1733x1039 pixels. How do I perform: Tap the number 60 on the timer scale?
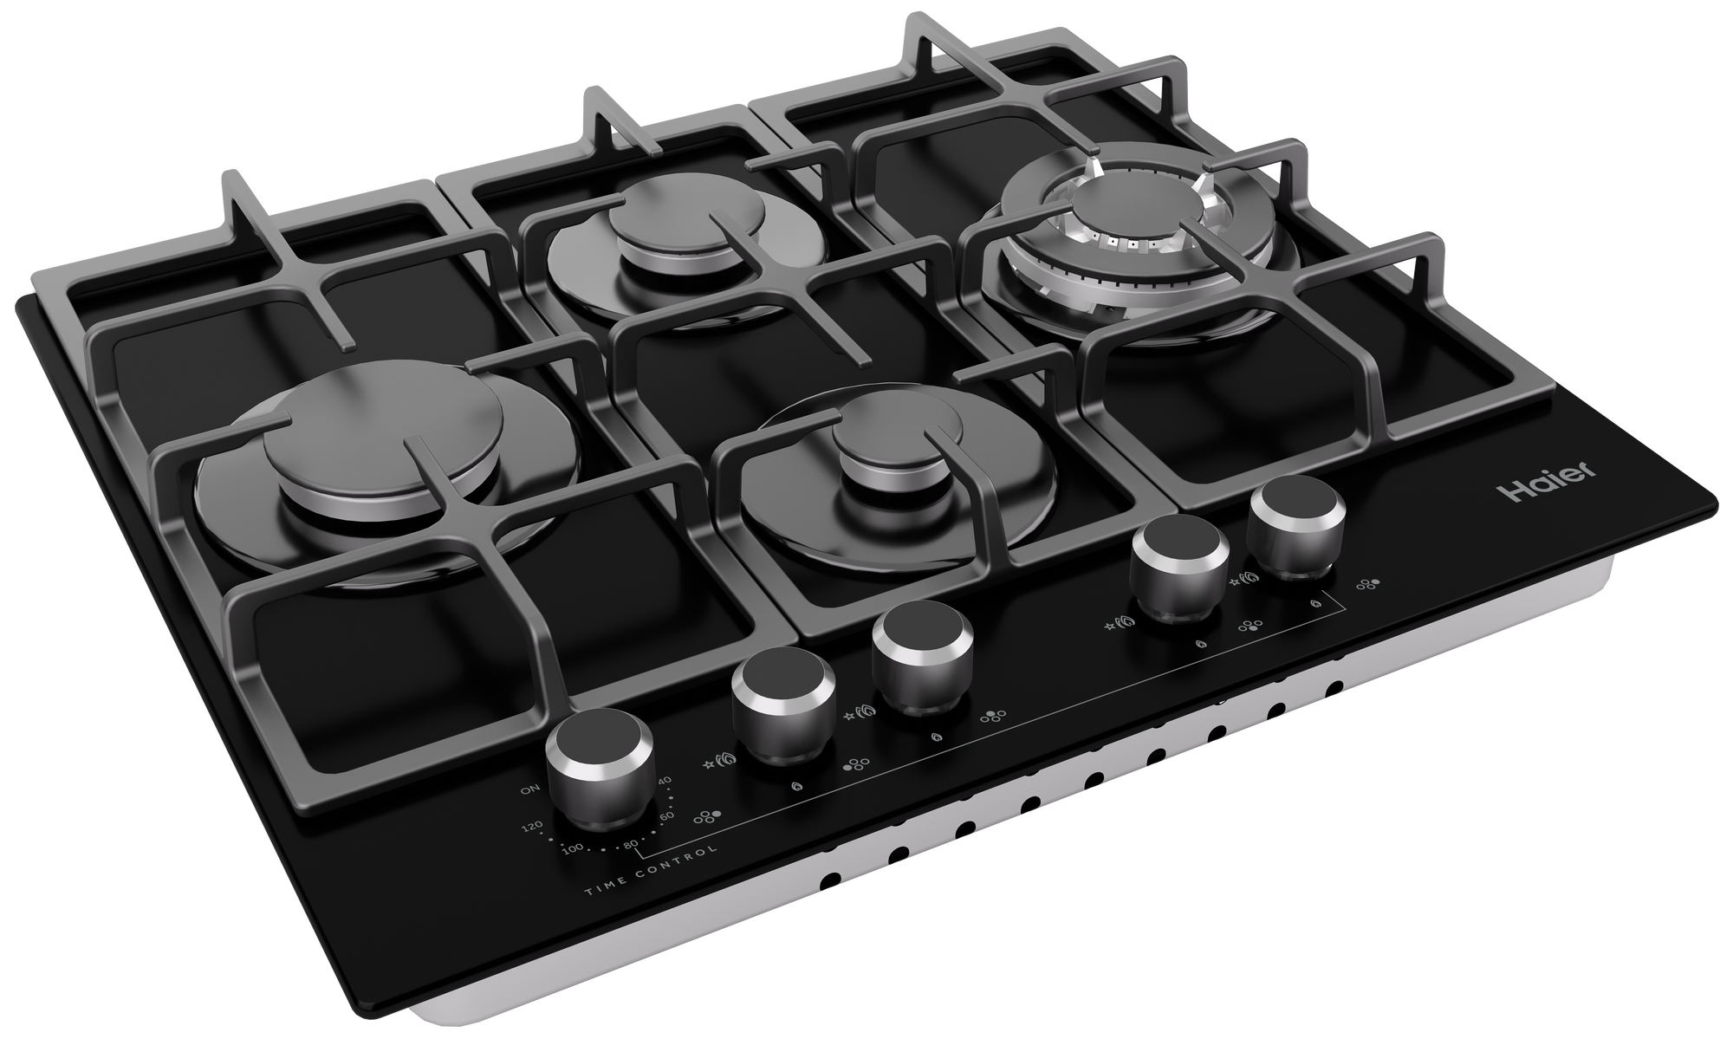coord(667,815)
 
